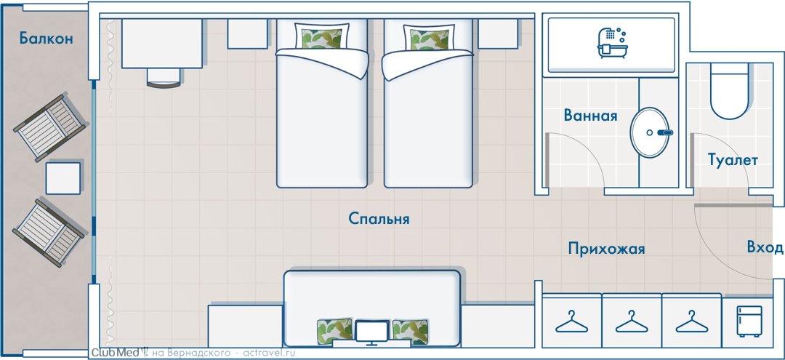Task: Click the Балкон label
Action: tap(47, 38)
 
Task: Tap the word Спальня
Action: tap(379, 219)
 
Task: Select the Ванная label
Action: tap(590, 116)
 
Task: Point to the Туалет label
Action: tap(733, 160)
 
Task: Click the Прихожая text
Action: tap(606, 248)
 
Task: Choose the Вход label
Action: tap(765, 247)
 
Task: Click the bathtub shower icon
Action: tap(611, 43)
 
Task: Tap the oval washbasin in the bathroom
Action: tap(649, 132)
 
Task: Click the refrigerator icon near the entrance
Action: tap(749, 321)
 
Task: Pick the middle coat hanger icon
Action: tap(632, 321)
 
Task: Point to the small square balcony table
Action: tap(63, 178)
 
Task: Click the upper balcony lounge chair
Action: tap(49, 128)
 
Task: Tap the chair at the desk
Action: tap(164, 78)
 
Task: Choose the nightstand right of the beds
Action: tap(498, 33)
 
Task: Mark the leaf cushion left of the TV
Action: tap(334, 332)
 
